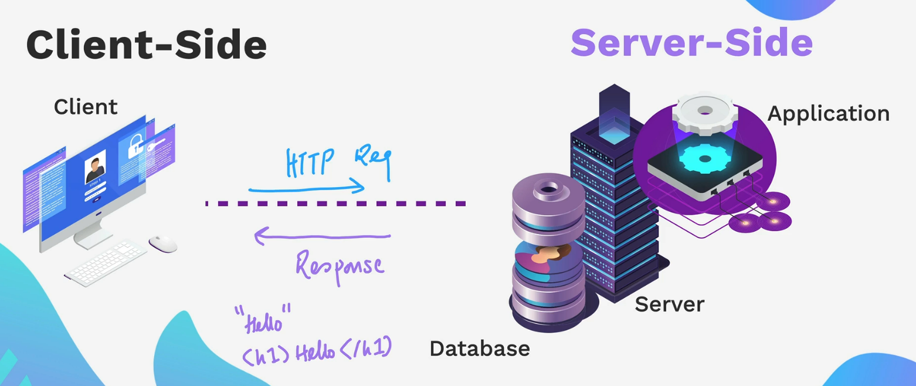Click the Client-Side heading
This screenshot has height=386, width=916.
[146, 46]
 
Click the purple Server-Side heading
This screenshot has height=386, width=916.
[691, 43]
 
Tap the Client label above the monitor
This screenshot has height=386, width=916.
[86, 107]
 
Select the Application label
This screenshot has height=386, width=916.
[828, 113]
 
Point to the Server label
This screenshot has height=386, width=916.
[669, 304]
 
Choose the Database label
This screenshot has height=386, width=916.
[479, 348]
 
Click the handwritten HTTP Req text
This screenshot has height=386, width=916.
[338, 163]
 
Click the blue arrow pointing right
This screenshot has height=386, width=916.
[307, 189]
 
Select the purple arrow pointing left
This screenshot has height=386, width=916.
[322, 237]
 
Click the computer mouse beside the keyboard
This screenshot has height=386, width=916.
[162, 243]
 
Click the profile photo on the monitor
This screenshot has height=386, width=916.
[96, 167]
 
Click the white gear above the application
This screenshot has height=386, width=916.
[704, 111]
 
